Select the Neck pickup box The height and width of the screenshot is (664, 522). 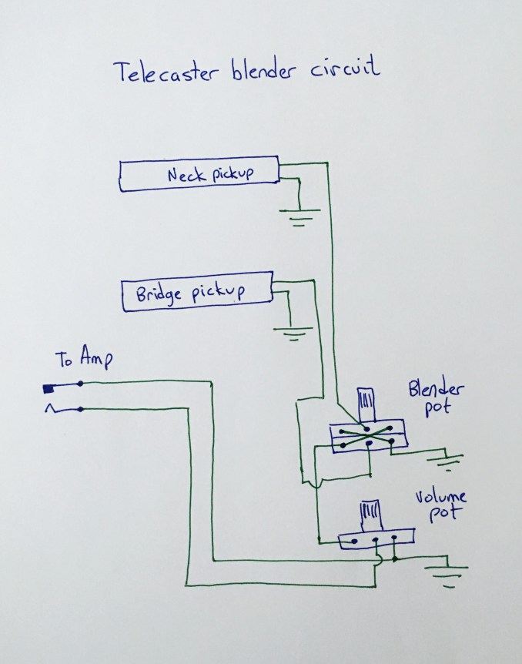tap(198, 176)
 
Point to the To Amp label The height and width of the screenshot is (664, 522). tap(85, 359)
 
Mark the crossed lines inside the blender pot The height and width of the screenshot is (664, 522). tap(366, 437)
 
